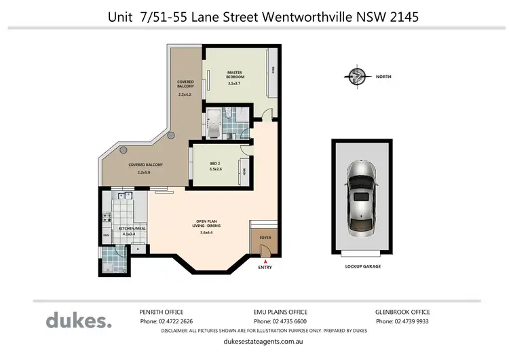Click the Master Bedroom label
tap(235, 75)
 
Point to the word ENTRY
tap(265, 267)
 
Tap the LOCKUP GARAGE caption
tap(363, 266)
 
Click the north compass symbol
tap(355, 77)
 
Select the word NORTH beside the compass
tap(383, 77)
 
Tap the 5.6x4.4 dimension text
tap(207, 233)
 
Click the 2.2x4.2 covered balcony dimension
tap(185, 95)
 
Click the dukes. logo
tap(78, 320)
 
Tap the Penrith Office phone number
tap(166, 321)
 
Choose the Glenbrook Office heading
tap(402, 312)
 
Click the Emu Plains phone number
tap(280, 321)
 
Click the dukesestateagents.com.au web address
tap(279, 343)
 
